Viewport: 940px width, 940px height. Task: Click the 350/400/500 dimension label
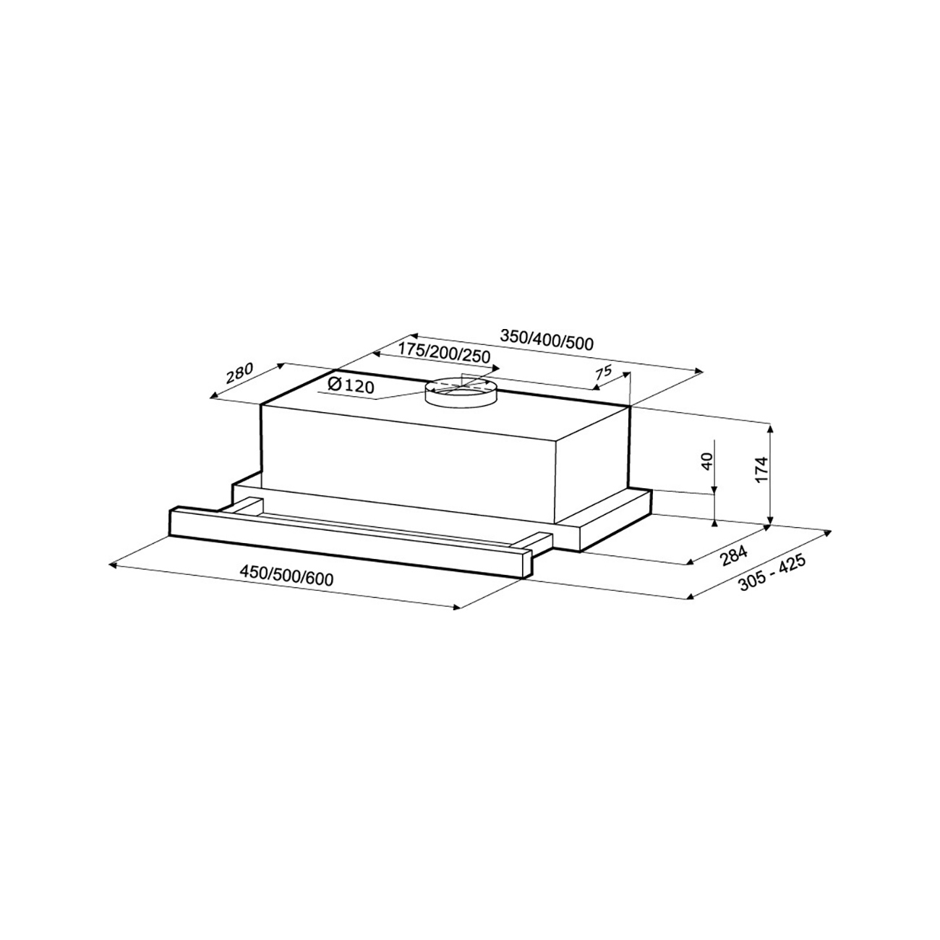pyautogui.click(x=547, y=340)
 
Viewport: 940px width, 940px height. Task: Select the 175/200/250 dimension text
pyautogui.click(x=443, y=352)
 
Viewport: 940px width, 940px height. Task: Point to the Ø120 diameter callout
pyautogui.click(x=351, y=385)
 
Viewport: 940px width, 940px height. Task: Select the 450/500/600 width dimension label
pyautogui.click(x=287, y=577)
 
